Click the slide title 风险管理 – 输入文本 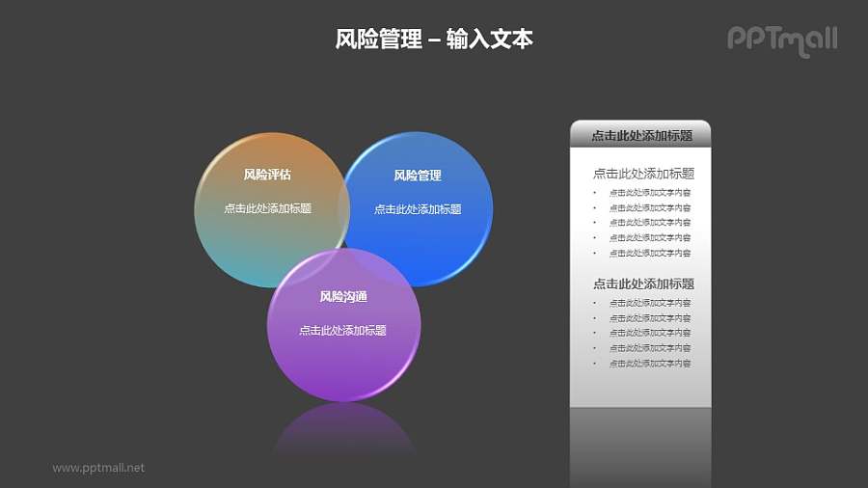point(434,40)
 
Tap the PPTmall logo point(781,40)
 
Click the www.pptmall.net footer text point(98,468)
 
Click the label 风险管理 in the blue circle point(418,176)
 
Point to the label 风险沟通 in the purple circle point(343,296)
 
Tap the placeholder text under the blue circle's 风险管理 point(418,209)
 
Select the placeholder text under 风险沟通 point(342,330)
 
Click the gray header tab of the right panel point(641,136)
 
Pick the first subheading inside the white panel point(643,174)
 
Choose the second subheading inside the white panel point(643,284)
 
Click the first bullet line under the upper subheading point(649,192)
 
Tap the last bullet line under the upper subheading point(649,253)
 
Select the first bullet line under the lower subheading point(649,303)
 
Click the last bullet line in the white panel point(649,364)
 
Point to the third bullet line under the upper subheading point(649,223)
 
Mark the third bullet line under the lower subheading point(649,333)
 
